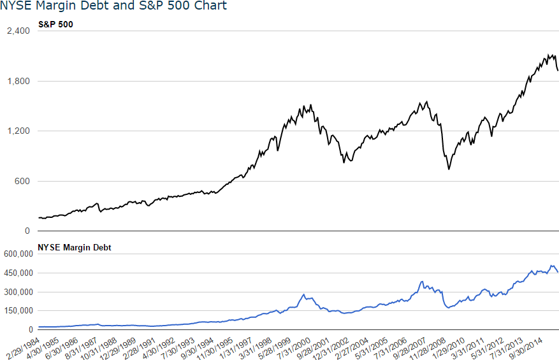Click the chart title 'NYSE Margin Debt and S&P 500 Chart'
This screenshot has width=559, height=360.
coord(113,6)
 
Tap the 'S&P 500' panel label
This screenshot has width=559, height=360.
coord(56,25)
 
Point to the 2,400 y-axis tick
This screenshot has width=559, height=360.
coord(18,31)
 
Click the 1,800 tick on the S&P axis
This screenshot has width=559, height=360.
coord(18,82)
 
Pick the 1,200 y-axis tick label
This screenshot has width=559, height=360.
coord(18,131)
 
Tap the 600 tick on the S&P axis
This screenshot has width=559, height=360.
coord(22,182)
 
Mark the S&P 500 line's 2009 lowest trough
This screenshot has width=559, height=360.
coord(449,169)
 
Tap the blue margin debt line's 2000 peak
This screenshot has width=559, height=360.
coord(303,294)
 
